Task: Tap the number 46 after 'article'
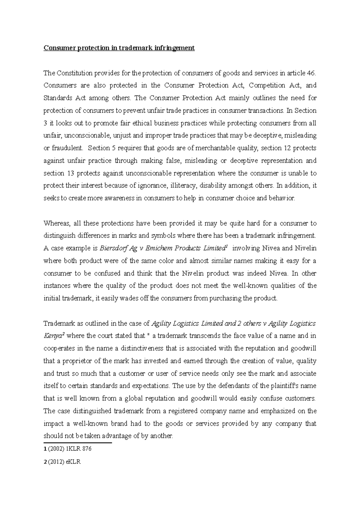311,73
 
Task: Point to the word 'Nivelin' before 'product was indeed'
193,273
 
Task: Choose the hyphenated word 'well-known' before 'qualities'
254,286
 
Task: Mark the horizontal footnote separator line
77,442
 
